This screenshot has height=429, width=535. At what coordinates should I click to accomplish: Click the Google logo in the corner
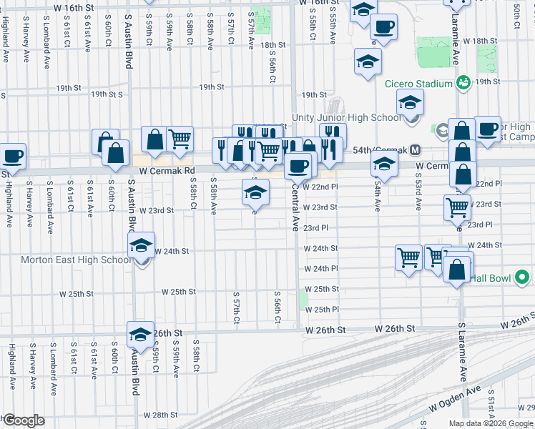coord(23,421)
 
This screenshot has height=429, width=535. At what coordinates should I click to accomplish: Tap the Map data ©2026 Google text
coord(491,423)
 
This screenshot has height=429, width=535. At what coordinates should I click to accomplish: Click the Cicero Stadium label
coord(418,84)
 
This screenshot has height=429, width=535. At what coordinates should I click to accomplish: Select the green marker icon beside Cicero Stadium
coord(463,84)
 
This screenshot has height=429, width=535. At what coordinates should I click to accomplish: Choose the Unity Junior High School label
coord(346,117)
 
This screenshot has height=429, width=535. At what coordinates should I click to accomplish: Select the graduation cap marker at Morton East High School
coord(142,247)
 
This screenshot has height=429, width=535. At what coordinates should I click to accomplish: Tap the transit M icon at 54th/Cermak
coord(416,150)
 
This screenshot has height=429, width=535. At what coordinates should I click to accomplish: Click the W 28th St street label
coord(159,415)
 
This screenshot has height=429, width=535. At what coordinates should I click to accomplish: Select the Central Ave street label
coord(294,209)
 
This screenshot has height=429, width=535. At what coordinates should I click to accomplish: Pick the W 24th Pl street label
coord(320,269)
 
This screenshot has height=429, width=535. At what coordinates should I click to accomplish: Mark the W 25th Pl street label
coord(320,309)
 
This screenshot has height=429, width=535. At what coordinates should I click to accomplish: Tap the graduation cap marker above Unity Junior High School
coord(410,102)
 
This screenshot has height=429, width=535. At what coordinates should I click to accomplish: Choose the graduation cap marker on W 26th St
coord(140,334)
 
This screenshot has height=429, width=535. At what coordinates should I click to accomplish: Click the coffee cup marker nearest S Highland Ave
coord(13,155)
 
